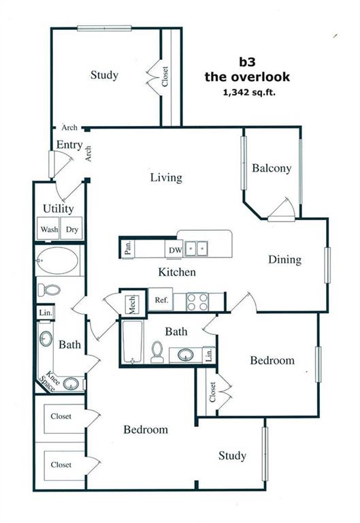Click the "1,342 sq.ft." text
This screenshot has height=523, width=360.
pos(249,93)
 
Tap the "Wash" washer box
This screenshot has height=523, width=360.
pos(48,229)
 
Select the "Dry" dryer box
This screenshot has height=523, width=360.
pos(71,229)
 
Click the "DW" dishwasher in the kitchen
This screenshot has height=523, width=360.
pos(175,249)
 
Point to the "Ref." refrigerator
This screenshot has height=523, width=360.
pos(161,300)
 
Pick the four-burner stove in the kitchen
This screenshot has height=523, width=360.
pos(197,302)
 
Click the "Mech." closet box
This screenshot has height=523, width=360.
pos(132,304)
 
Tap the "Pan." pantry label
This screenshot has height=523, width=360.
pos(128,249)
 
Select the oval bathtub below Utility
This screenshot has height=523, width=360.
pos(58,260)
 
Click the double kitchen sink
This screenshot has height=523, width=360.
pos(197,249)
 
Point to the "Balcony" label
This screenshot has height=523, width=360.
pos(272,168)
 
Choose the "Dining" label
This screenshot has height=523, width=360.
pos(284,260)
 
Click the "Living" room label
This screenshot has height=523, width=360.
pos(166,178)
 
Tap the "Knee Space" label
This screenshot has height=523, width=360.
pos(49,381)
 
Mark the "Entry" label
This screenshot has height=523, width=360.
pos(69,145)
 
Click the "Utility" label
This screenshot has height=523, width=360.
pos(59,209)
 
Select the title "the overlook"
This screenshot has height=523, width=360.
pos(247,77)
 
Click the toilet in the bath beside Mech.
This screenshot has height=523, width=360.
pos(157,352)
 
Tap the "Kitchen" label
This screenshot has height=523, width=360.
pos(177,272)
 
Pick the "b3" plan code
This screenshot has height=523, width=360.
pos(247,62)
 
